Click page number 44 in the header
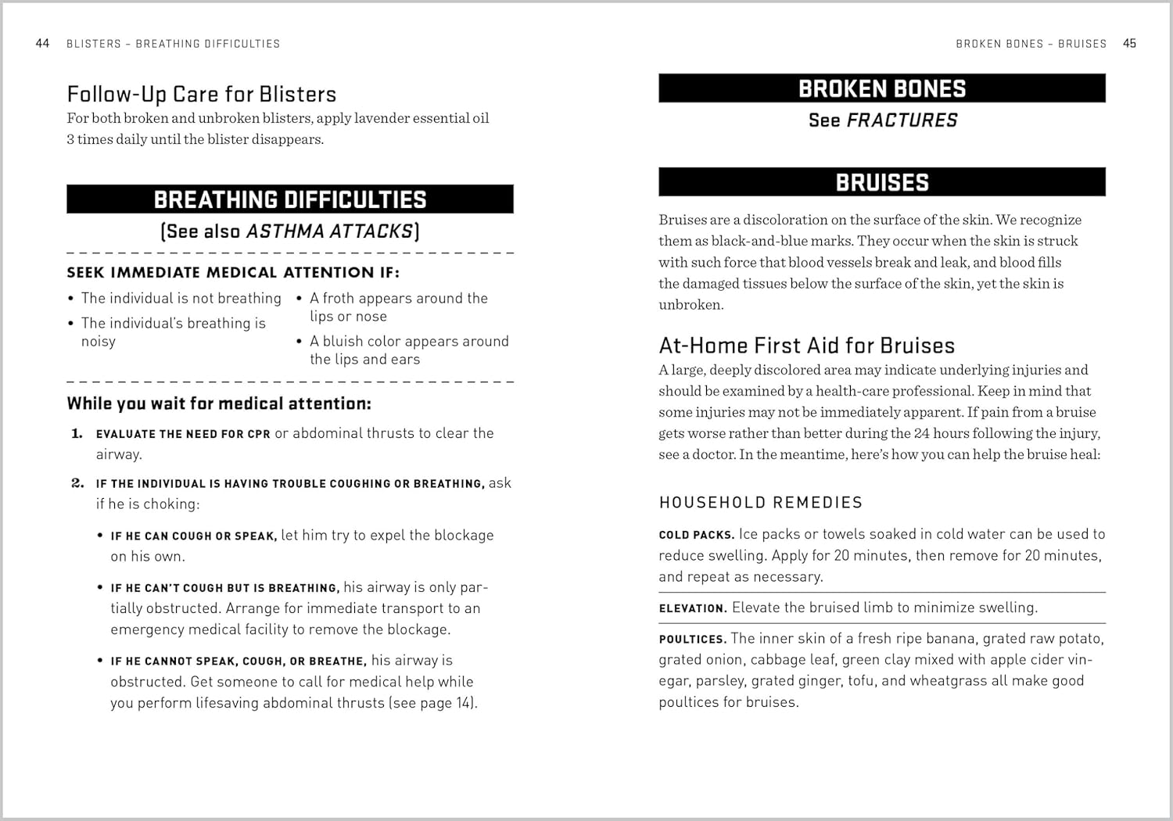coord(43,44)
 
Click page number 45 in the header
coord(1129,44)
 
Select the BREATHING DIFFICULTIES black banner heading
coord(289,199)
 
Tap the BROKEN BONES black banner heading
coord(881,88)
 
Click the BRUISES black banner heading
coord(881,182)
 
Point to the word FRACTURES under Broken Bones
coord(902,120)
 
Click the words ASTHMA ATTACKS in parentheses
coord(329,231)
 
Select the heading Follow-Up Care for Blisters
coord(201,95)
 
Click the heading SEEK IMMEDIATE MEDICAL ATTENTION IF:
coord(232,273)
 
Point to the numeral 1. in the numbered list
coord(77,433)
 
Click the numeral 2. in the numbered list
coord(77,483)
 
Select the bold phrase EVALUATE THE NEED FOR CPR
coord(183,434)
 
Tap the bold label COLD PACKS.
coord(696,535)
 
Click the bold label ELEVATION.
coord(692,608)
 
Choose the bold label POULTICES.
coord(692,640)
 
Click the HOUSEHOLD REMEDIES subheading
coord(760,503)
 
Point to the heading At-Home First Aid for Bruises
coord(806,346)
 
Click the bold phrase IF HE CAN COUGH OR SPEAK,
coord(193,536)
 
